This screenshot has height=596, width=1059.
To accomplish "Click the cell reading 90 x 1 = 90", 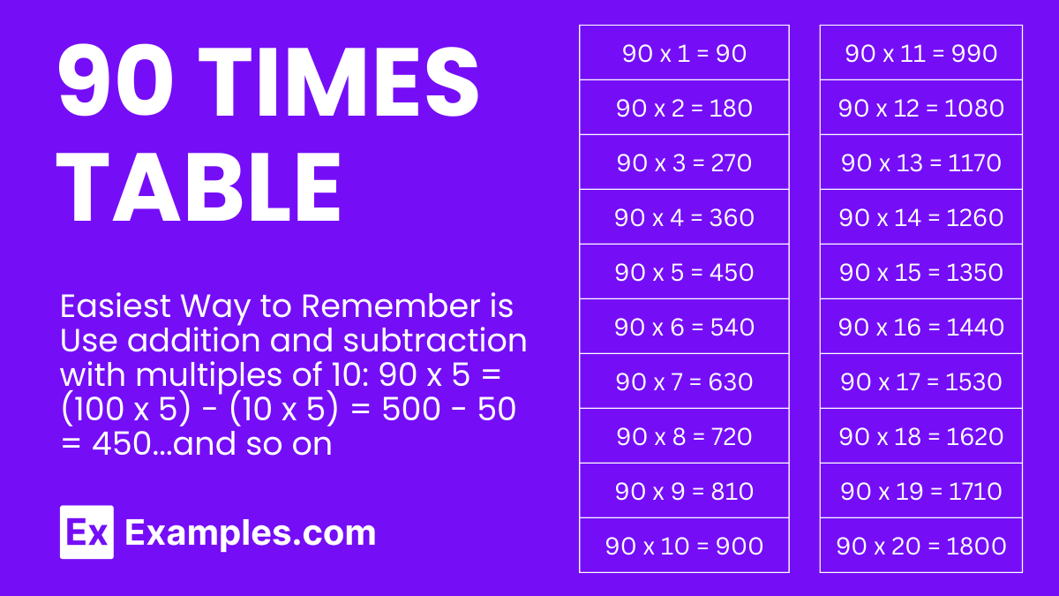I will pos(684,53).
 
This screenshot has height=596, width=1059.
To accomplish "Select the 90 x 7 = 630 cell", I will pos(684,381).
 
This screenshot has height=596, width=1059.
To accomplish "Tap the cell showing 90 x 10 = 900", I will pos(684,546).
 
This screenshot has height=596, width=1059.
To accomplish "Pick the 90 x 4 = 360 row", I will pos(684,217).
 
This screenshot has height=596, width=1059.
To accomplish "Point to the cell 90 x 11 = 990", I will pos(920,53).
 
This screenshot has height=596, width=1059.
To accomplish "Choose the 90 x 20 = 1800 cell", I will pos(920,546).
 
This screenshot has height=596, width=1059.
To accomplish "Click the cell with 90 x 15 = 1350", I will pos(920,272).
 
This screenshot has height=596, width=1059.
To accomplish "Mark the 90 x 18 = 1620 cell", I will pos(920,436).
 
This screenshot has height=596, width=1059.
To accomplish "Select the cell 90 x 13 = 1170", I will pos(920,162).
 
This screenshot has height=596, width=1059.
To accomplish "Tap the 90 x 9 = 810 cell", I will pos(684,491).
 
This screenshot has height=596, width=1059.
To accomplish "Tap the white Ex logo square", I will pos(86,532).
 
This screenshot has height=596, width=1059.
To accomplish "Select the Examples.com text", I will pos(251,532).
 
